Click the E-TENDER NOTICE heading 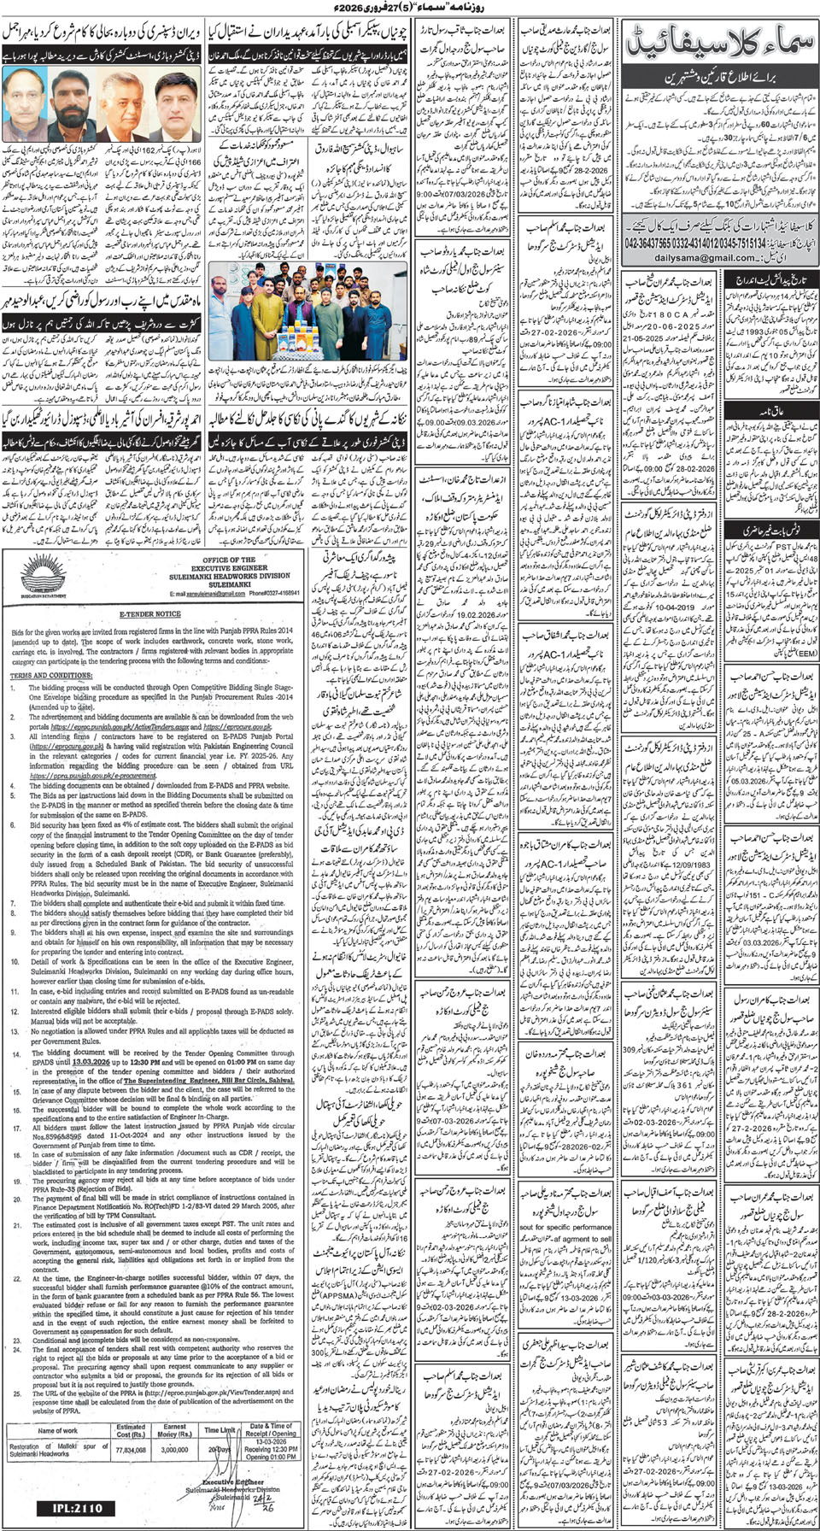click(x=149, y=613)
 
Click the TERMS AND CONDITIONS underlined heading click(x=38, y=676)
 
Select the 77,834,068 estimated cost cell click(x=131, y=1450)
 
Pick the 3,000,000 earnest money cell click(x=174, y=1450)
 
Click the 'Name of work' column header click(x=57, y=1430)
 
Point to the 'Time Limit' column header click(x=220, y=1429)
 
